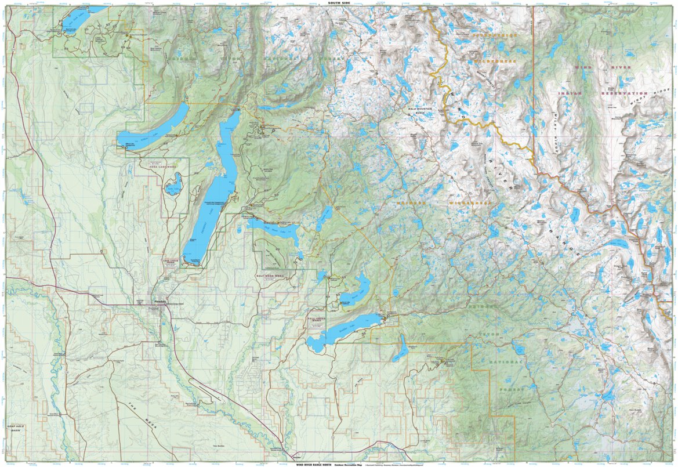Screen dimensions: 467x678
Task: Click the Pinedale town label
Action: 159,302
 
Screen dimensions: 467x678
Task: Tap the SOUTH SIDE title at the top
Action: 339,3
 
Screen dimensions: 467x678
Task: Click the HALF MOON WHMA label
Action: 269,276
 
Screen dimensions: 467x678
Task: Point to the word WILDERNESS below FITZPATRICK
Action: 494,61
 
